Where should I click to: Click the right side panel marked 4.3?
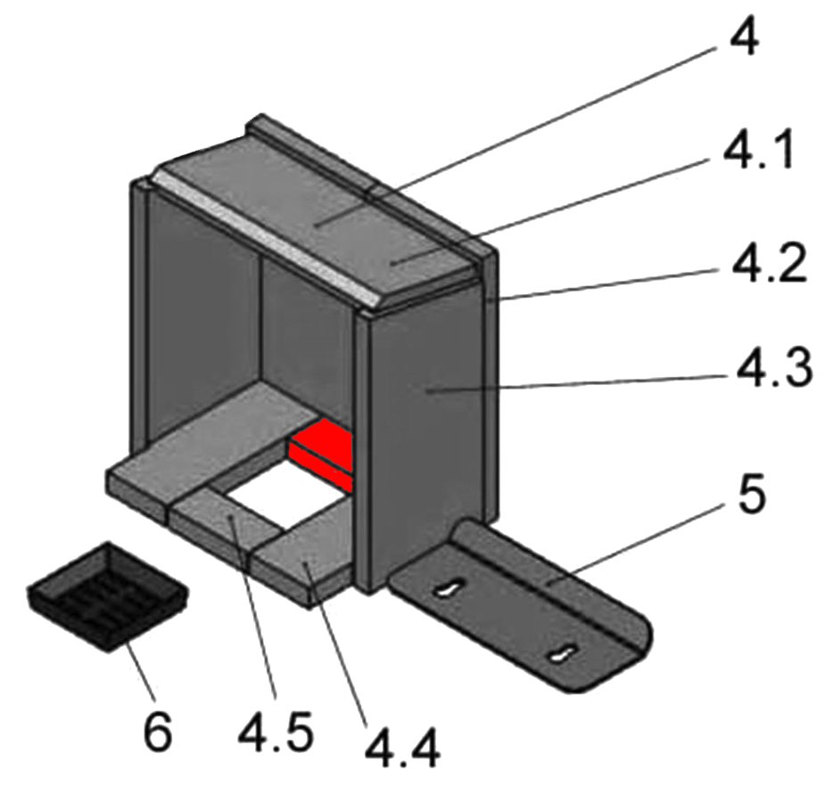428,437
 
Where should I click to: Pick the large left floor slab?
205,446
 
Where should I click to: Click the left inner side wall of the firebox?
201,312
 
